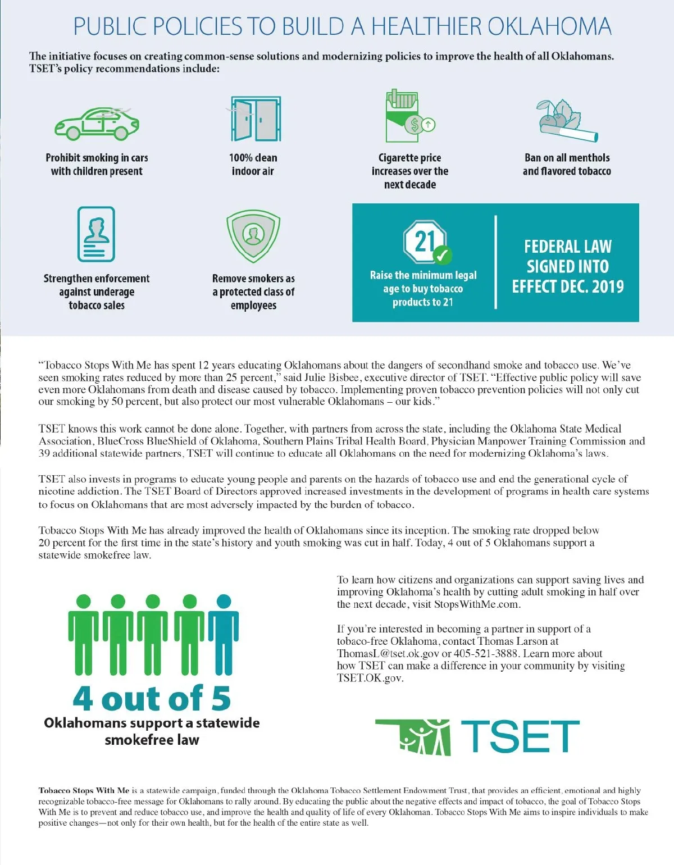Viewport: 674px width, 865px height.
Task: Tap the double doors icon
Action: tap(256, 119)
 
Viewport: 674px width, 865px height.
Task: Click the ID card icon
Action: tap(96, 234)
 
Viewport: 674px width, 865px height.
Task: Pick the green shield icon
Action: tap(253, 236)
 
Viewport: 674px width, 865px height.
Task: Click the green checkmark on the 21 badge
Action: tap(442, 256)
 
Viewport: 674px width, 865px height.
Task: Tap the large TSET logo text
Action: tap(520, 736)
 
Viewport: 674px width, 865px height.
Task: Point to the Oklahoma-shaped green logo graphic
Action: tap(415, 736)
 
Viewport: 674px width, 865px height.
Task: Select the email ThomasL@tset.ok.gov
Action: tap(388, 653)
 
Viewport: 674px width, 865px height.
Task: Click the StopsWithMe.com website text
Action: tap(477, 604)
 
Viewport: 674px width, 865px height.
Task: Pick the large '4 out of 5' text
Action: tap(152, 698)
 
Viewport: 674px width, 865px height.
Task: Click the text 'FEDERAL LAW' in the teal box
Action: tap(568, 247)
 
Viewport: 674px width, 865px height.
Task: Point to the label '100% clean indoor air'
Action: tap(253, 165)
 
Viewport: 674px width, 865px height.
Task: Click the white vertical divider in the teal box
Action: tap(496, 262)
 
